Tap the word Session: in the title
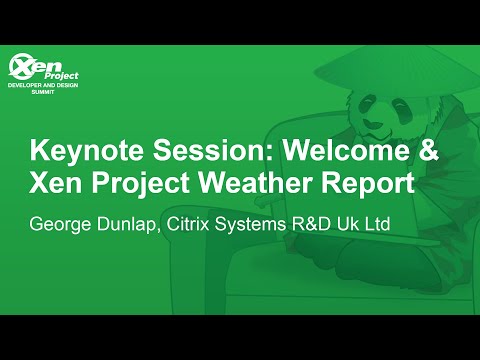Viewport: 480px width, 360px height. [191, 152]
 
